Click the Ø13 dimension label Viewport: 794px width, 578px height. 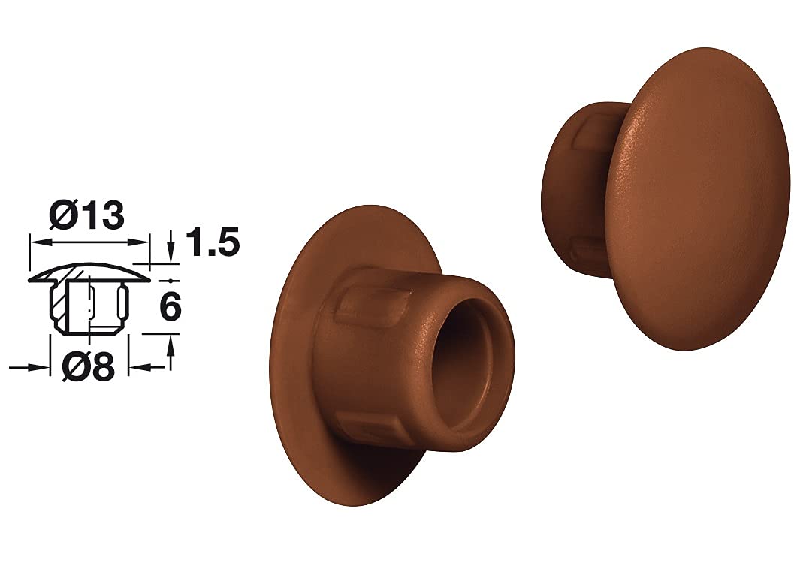tap(86, 215)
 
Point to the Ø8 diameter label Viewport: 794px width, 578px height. tap(88, 367)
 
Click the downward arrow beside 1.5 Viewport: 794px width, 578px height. tap(172, 246)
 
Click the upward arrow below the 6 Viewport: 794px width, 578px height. tap(171, 354)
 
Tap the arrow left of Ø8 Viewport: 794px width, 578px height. tap(29, 368)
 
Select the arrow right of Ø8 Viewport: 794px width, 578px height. tap(147, 367)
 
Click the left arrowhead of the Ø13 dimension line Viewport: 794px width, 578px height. tap(39, 242)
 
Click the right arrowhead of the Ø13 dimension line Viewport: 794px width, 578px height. tap(140, 242)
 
